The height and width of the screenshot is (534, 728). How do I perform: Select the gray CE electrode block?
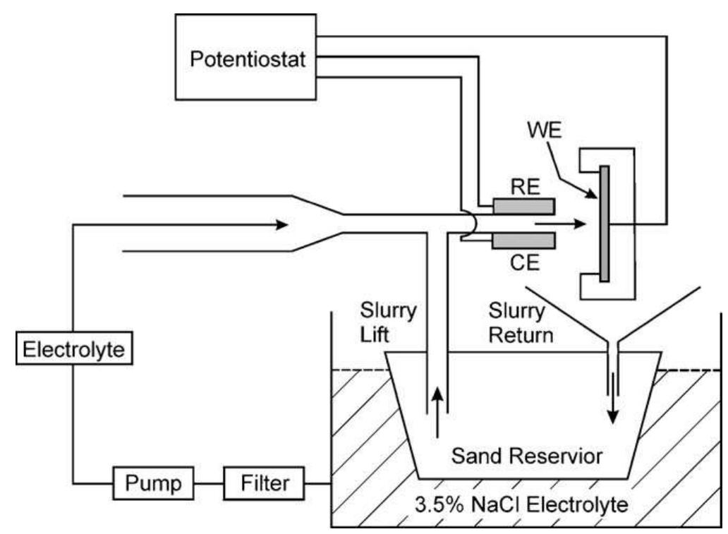coord(523,242)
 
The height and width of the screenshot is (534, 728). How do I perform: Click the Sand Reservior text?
coord(528,456)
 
